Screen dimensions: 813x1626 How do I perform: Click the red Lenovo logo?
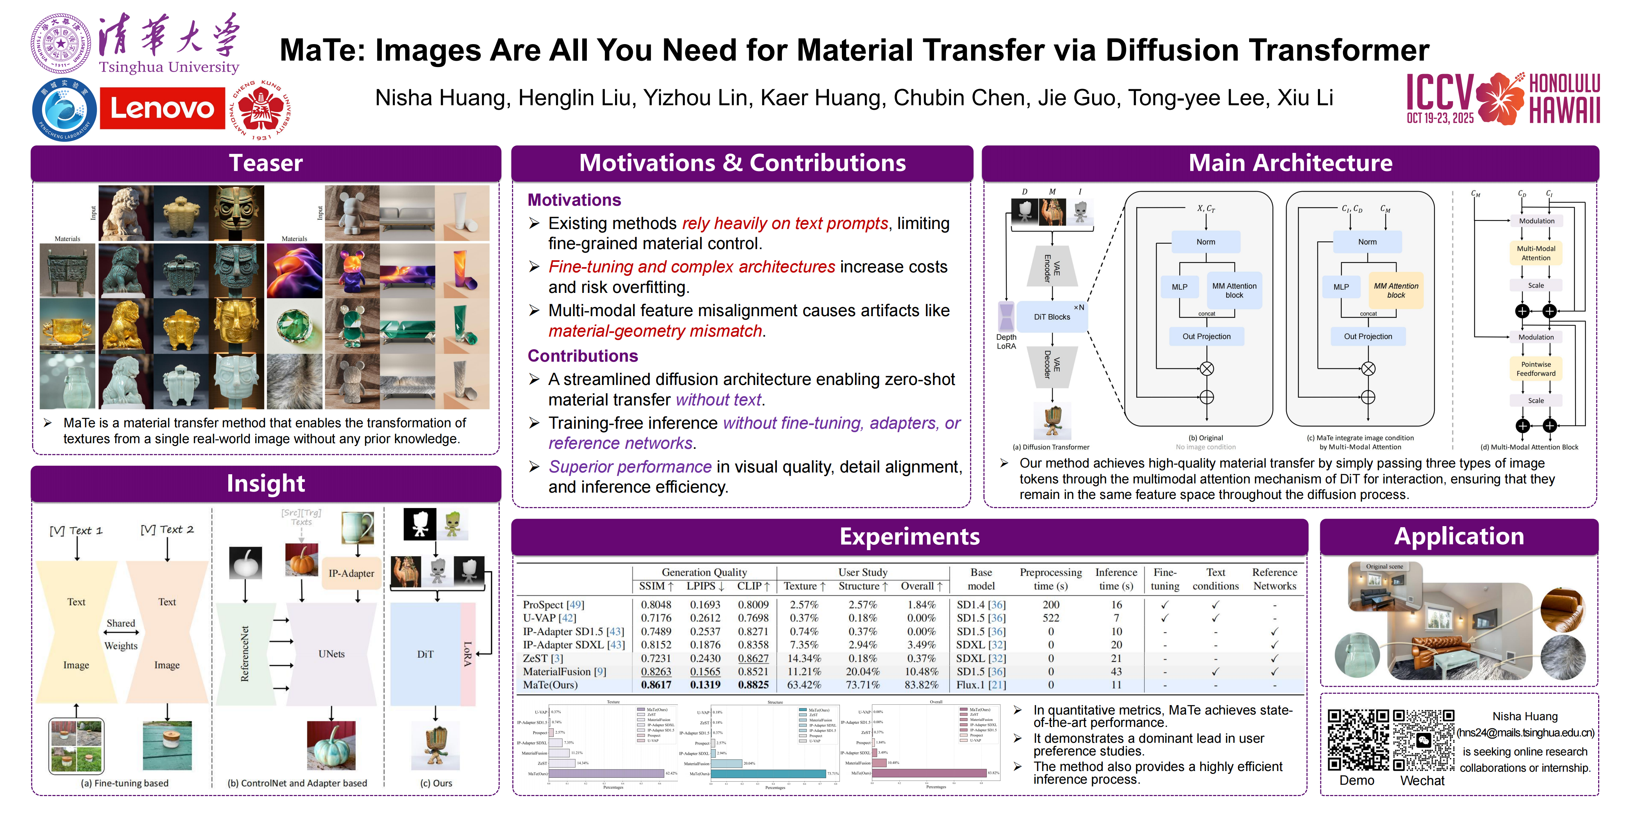[162, 109]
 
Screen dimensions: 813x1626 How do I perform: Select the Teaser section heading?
[266, 163]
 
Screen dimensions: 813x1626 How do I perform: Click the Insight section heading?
[266, 483]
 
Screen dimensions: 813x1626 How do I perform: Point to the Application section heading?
[1459, 536]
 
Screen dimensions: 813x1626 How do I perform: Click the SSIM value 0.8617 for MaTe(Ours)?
[656, 685]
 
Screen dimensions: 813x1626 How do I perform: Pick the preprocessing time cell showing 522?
[1050, 618]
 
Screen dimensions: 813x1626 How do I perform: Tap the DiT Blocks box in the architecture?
[1052, 317]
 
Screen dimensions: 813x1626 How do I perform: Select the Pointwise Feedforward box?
[1536, 369]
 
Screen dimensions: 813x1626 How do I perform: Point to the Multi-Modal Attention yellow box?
[1536, 253]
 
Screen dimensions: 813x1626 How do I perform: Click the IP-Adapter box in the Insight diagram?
[351, 573]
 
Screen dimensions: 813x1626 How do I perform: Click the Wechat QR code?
[1423, 740]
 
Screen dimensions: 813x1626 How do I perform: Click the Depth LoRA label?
[1006, 342]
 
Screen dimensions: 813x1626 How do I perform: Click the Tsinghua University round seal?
[61, 43]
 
